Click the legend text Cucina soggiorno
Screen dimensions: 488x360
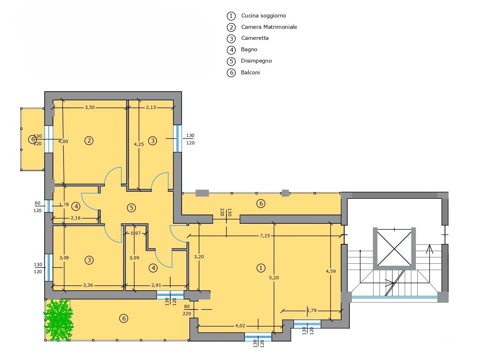point(263,16)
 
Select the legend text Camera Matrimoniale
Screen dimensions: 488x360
point(269,27)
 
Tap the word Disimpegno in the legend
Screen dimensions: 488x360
point(256,61)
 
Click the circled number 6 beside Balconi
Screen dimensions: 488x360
point(231,73)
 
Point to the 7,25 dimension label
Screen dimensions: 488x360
point(265,236)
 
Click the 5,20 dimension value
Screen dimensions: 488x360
point(274,277)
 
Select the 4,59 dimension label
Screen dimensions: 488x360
point(331,271)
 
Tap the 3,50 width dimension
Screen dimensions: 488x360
point(90,107)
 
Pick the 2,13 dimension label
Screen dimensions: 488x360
point(151,107)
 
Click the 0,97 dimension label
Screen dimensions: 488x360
point(135,233)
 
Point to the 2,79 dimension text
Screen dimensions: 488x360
point(312,311)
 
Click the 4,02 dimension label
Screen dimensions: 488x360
point(240,326)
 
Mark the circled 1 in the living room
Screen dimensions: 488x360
point(261,268)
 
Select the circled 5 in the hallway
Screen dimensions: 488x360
point(132,208)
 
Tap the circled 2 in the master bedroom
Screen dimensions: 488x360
point(89,141)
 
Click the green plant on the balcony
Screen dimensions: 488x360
point(58,320)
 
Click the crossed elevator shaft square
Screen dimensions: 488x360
point(394,249)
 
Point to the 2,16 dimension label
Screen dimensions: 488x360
point(76,218)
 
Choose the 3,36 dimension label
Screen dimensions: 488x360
point(88,285)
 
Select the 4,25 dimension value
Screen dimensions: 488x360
point(139,144)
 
